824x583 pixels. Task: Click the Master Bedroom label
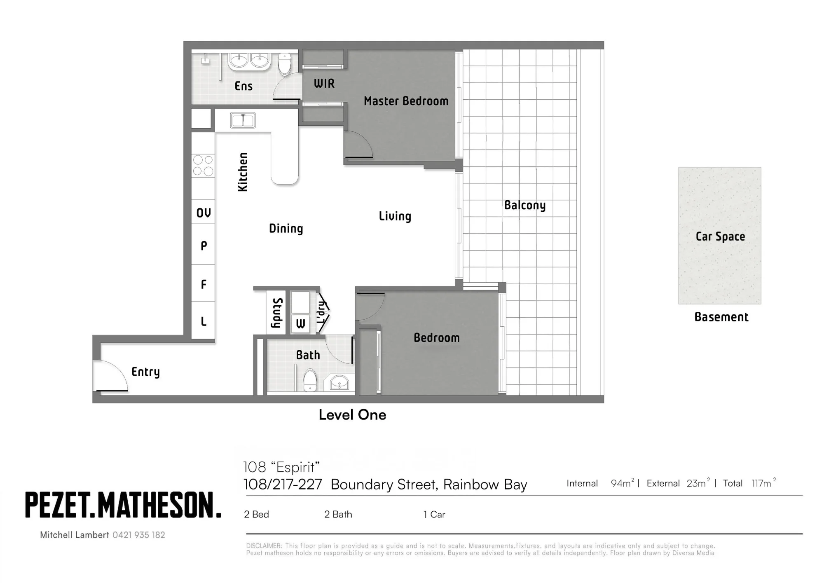406,101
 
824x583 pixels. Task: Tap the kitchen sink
243,120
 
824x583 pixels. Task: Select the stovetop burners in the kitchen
203,165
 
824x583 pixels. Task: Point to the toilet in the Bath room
310,380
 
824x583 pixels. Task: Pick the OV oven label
204,213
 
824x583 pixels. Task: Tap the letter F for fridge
204,284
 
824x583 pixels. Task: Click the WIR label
324,83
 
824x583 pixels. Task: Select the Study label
277,313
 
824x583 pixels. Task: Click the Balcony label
525,205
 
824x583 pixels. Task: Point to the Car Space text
720,236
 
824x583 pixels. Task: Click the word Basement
721,317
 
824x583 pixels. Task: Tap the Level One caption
353,415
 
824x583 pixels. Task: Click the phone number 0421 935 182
139,535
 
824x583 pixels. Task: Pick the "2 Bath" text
338,514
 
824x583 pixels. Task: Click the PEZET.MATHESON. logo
123,505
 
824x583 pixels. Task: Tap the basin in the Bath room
339,383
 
